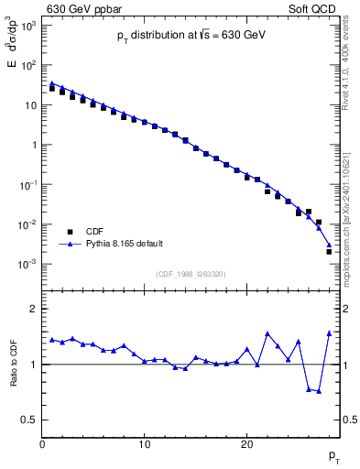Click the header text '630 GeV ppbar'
coord(82,9)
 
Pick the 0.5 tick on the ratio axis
coord(29,420)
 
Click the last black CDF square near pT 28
coord(329,251)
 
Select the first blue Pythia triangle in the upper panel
coord(52,83)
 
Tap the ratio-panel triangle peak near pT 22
coord(267,333)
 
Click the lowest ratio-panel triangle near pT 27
coord(319,391)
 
